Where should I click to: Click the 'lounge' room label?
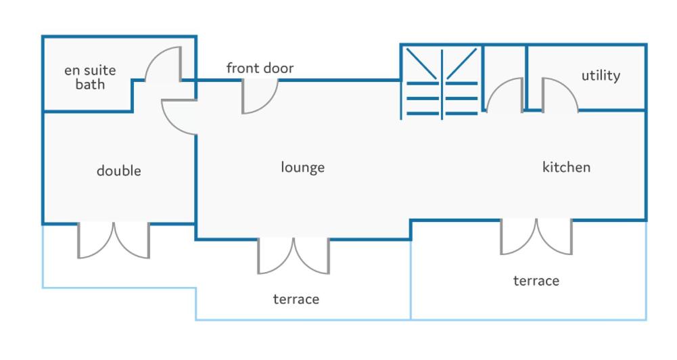coord(303,167)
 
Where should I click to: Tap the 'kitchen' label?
coord(566,167)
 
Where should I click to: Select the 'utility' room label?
coord(601,76)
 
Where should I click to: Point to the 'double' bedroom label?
coord(119,171)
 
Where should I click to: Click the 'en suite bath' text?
coord(90,77)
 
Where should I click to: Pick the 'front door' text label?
coord(260,68)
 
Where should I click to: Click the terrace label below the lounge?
coord(296,299)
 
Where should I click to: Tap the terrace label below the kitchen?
coord(536,281)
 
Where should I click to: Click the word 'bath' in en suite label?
coord(90,85)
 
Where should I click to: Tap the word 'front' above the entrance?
coord(242,68)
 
